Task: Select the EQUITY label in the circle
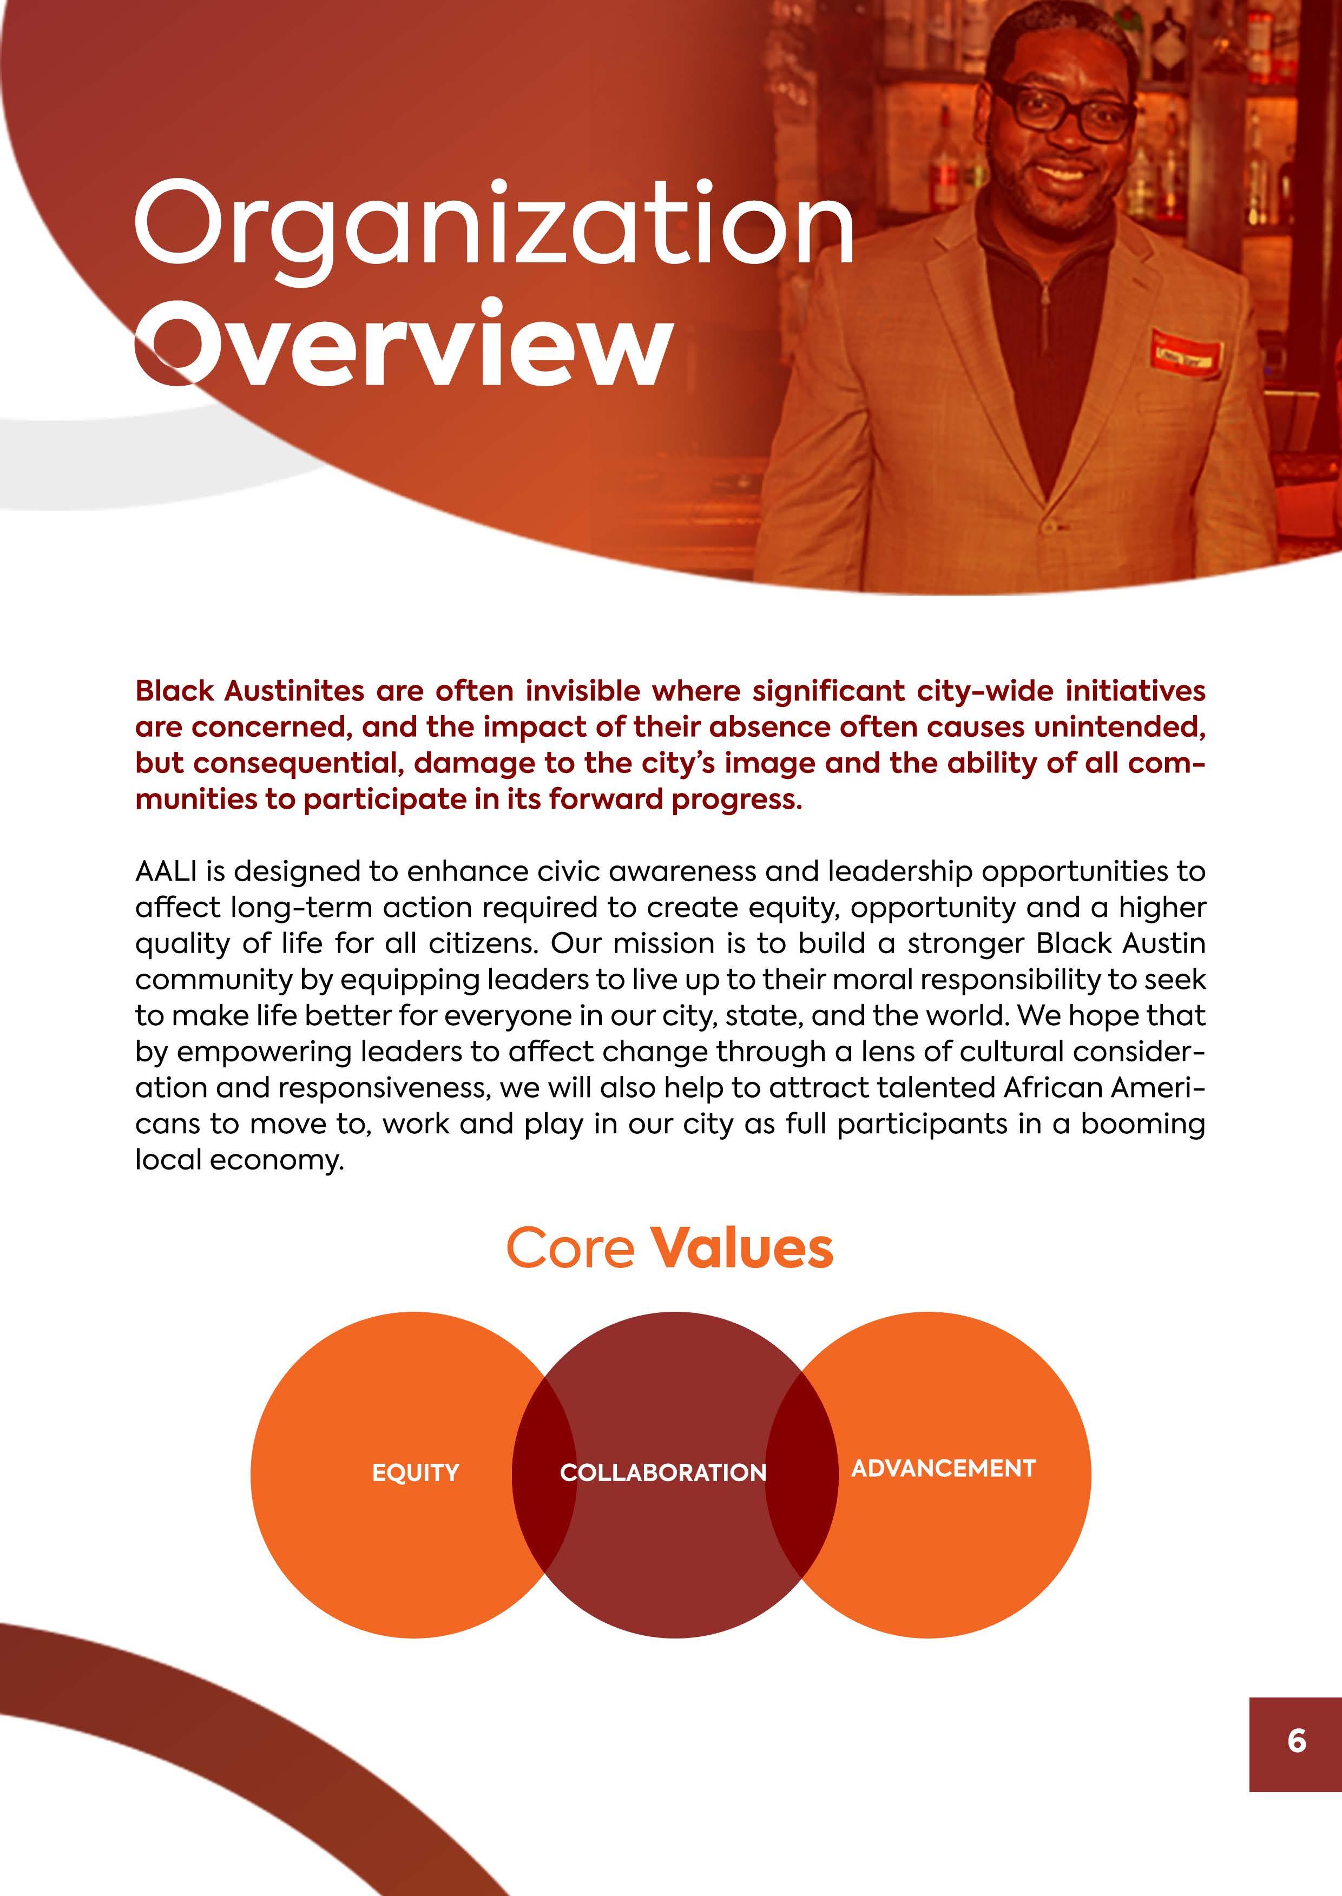pos(415,1472)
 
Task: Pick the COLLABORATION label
pos(663,1472)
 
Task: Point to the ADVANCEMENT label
pos(943,1468)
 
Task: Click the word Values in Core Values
pos(743,1247)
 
